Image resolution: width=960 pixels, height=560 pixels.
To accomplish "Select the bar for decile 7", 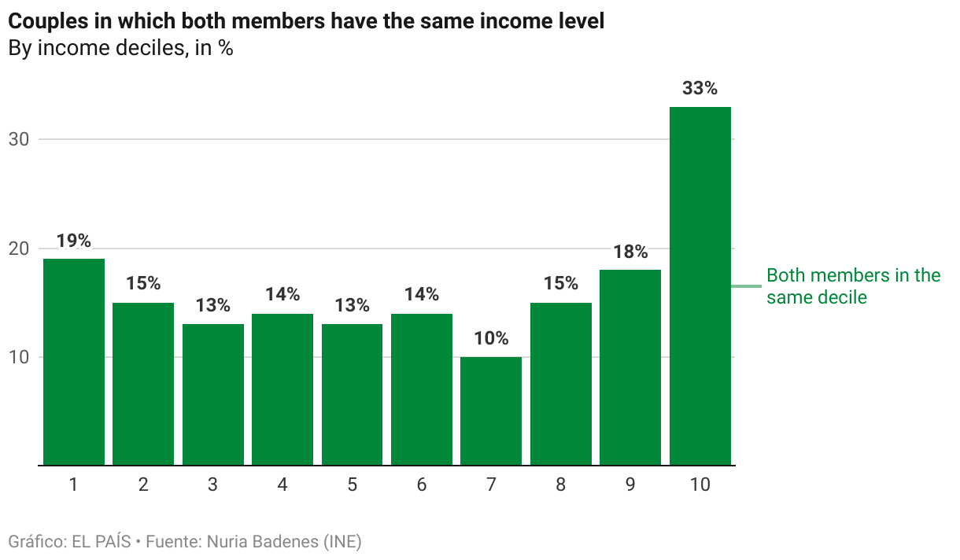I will pyautogui.click(x=491, y=411).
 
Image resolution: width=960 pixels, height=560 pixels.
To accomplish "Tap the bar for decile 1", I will pyautogui.click(x=73, y=362).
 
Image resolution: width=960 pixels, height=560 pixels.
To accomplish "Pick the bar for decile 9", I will pyautogui.click(x=630, y=367).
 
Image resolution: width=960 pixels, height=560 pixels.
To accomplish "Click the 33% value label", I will pyautogui.click(x=700, y=89).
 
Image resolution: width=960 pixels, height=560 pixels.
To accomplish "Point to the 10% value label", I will pyautogui.click(x=491, y=339).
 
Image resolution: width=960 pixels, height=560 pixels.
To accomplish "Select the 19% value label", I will pyautogui.click(x=73, y=241).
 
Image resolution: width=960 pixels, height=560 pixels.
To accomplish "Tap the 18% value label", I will pyautogui.click(x=630, y=252).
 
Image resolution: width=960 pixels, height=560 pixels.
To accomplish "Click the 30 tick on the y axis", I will pyautogui.click(x=18, y=139).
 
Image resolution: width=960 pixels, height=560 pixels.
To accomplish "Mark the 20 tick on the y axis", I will pyautogui.click(x=18, y=249).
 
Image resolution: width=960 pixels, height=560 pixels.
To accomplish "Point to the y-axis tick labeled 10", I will pyautogui.click(x=18, y=357).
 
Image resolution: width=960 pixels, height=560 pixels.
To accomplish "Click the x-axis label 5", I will pyautogui.click(x=352, y=485).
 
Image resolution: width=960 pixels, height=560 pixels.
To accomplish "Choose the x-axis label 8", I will pyautogui.click(x=560, y=485).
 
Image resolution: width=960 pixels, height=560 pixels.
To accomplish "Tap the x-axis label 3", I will pyautogui.click(x=212, y=485).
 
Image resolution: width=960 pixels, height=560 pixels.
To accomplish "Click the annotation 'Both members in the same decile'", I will pyautogui.click(x=853, y=286).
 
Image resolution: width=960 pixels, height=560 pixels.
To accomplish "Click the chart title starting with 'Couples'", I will pyautogui.click(x=305, y=21).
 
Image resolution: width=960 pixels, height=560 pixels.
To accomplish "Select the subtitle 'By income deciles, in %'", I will pyautogui.click(x=120, y=48).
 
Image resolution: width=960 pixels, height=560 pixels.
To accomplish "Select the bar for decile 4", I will pyautogui.click(x=282, y=389).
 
